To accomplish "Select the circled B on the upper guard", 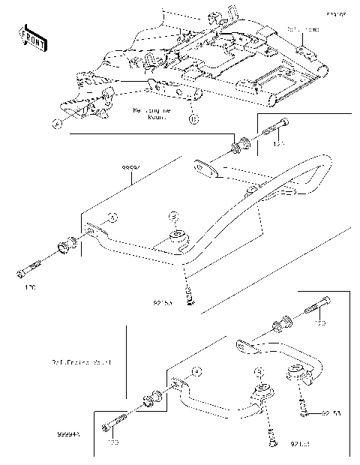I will pyautogui.click(x=173, y=215).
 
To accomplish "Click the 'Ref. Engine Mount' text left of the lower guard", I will pyautogui.click(x=88, y=362).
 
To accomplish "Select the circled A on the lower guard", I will pyautogui.click(x=196, y=370).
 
